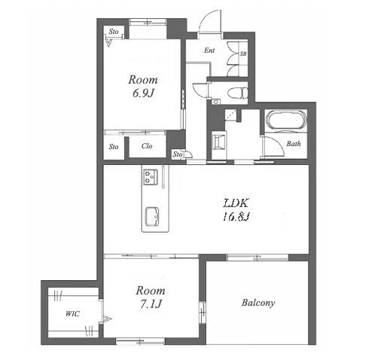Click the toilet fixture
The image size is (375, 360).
[238, 93]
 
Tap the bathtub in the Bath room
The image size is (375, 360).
[286, 120]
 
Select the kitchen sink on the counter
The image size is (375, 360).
[152, 216]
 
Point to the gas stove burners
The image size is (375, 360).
[151, 177]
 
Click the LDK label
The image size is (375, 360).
[236, 203]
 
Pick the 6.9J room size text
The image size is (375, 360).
[143, 93]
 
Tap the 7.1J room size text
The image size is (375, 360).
[151, 304]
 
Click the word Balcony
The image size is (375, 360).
[258, 303]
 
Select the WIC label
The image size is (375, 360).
[72, 313]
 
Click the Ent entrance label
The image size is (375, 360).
[209, 50]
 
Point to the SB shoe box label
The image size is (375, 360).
[243, 53]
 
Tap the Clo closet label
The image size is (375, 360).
[147, 146]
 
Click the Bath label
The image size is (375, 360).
[294, 144]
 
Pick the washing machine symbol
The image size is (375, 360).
[219, 141]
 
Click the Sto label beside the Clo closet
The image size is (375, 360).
[114, 146]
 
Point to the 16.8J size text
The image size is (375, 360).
[236, 216]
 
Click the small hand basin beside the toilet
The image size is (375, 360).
[215, 102]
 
